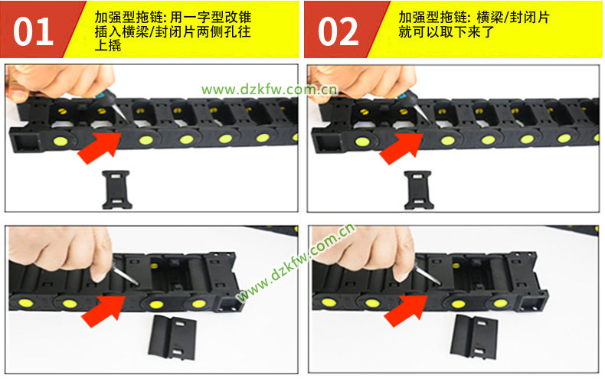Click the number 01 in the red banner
[x=33, y=31]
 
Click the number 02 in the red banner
[x=338, y=31]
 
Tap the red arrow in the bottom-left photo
[x=104, y=311]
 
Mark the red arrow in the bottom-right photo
[x=407, y=311]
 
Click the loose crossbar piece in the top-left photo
[x=116, y=190]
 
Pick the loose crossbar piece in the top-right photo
[x=419, y=190]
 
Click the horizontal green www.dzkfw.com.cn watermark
[x=270, y=90]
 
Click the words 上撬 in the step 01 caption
[x=108, y=45]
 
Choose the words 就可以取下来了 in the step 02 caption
[x=446, y=31]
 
